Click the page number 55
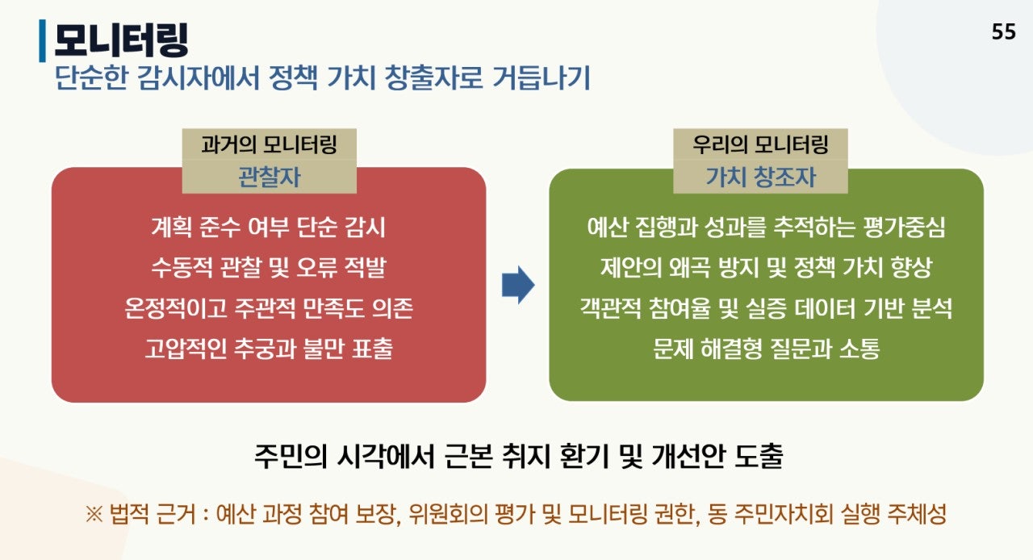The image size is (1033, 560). point(1003,32)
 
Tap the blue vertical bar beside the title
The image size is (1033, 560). point(42,40)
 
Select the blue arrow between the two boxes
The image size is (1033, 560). point(518,286)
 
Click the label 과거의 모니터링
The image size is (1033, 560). point(269,145)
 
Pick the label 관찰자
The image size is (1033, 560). point(269,177)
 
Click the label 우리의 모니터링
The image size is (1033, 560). point(760,145)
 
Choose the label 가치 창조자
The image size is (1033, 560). point(760,177)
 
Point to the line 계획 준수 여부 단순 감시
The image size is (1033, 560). point(269,228)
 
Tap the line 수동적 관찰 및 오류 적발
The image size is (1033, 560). point(269,268)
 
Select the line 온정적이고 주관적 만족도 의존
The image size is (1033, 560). point(269,308)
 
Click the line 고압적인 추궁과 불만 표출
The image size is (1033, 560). point(269,349)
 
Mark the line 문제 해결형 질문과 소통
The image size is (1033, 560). point(766,349)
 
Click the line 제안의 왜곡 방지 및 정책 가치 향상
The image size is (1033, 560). point(766,268)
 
